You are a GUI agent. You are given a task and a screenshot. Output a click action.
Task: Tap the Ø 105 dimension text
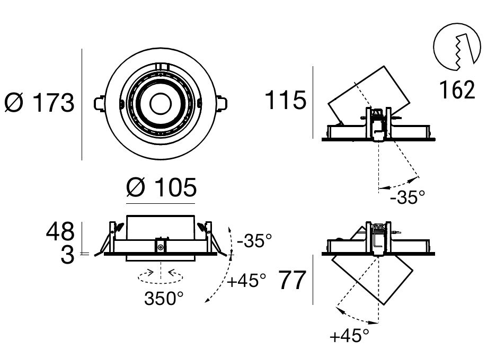coord(162,188)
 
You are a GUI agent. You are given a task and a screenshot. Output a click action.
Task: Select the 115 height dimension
coord(286,100)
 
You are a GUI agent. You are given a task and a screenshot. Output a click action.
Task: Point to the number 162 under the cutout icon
coord(457,90)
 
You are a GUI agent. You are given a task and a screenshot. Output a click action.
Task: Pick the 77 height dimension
coord(293,281)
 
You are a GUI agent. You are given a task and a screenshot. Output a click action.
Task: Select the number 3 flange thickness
coord(68,256)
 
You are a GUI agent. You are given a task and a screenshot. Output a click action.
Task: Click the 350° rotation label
coord(164,299)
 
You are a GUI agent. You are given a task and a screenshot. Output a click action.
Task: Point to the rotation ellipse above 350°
coord(161,274)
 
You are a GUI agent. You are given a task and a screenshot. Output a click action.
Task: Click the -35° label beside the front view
coord(254,241)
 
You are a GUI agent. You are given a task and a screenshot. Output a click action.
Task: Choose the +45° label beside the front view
coord(246,280)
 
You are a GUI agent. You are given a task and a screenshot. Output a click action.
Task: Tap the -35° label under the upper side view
coord(407,198)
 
